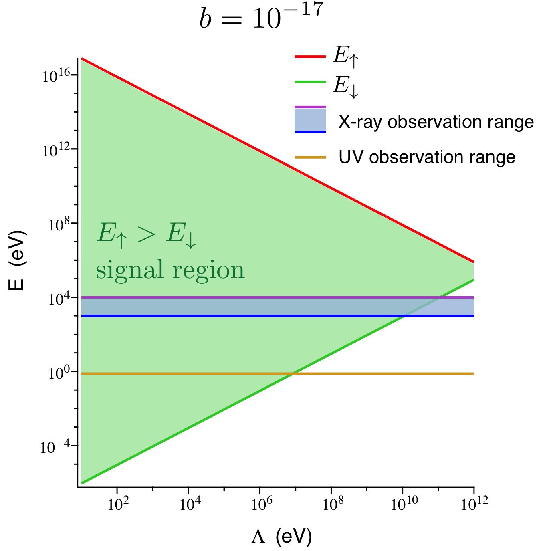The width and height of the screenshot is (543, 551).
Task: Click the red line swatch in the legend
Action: (x=310, y=57)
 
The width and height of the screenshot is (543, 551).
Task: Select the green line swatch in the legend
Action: (x=310, y=82)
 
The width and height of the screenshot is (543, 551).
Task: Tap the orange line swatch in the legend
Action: (x=310, y=157)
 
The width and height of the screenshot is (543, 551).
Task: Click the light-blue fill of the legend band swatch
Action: (x=310, y=119)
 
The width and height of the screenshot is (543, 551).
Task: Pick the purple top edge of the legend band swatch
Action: (x=310, y=107)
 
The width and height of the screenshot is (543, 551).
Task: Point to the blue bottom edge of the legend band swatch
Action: (x=310, y=132)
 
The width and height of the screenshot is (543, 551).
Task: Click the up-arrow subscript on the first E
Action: (x=121, y=241)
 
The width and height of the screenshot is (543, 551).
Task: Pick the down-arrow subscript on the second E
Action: (x=190, y=241)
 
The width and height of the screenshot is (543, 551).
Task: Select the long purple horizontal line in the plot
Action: (x=240, y=297)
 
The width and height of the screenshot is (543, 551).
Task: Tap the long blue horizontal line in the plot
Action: (x=240, y=316)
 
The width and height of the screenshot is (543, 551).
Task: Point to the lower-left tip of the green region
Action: (x=82, y=483)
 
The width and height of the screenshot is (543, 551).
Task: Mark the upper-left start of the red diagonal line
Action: (x=82, y=59)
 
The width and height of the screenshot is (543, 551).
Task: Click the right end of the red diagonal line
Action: (x=473, y=262)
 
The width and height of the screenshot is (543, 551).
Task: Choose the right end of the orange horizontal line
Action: (x=473, y=373)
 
